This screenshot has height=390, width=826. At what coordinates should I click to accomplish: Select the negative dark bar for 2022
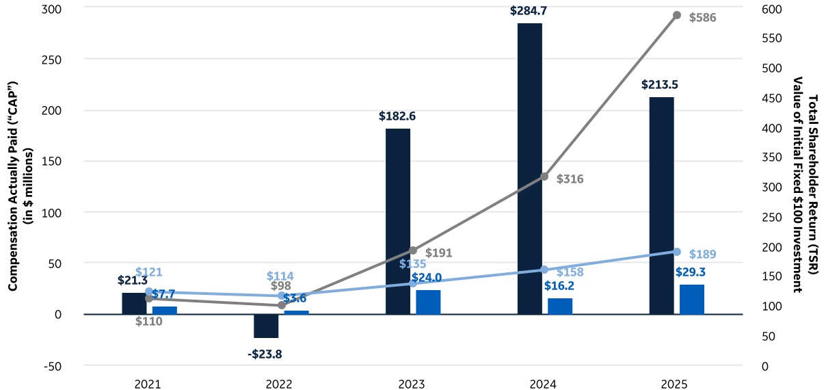[266, 326]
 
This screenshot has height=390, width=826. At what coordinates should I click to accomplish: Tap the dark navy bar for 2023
[398, 221]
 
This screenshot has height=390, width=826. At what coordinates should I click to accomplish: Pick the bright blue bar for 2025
[691, 300]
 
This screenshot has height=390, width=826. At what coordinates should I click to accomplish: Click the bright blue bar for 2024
[559, 307]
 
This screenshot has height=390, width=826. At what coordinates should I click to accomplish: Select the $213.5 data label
[661, 85]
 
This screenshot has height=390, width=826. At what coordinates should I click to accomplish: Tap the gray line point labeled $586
[677, 14]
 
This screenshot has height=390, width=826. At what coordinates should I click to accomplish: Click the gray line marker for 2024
[544, 177]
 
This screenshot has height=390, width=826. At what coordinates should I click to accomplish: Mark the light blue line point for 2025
[677, 252]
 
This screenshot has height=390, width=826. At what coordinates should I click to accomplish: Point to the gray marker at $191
[412, 250]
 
